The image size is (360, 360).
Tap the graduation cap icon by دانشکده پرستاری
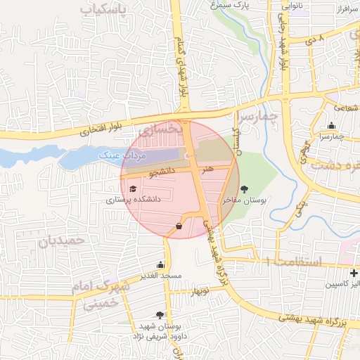coord(133,188)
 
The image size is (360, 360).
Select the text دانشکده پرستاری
coord(133,200)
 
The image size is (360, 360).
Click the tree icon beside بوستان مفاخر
coord(244,188)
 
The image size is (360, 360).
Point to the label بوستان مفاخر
coord(243,201)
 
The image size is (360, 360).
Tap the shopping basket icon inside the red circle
coord(179,226)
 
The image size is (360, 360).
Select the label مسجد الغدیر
coord(161,276)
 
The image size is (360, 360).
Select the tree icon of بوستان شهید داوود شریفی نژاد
coord(160,316)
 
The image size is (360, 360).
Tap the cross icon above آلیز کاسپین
coord(354,272)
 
